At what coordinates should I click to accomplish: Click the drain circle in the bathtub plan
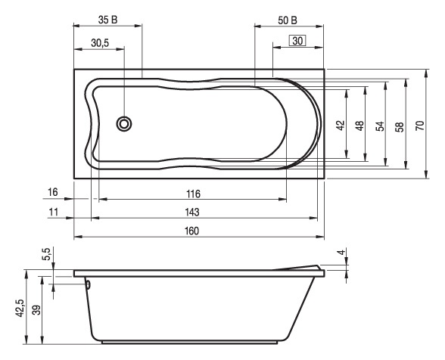[124, 124]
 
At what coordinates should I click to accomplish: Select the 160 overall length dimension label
[192, 231]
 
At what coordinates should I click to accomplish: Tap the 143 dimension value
[192, 213]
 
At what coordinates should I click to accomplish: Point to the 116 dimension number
[193, 194]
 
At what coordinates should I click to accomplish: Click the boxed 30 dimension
[297, 41]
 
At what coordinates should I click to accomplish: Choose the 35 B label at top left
[107, 20]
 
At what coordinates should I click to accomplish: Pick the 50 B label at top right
[288, 20]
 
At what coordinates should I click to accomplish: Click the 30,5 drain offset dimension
[100, 43]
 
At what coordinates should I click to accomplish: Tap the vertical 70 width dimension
[420, 125]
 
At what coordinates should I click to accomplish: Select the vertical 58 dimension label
[400, 127]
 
